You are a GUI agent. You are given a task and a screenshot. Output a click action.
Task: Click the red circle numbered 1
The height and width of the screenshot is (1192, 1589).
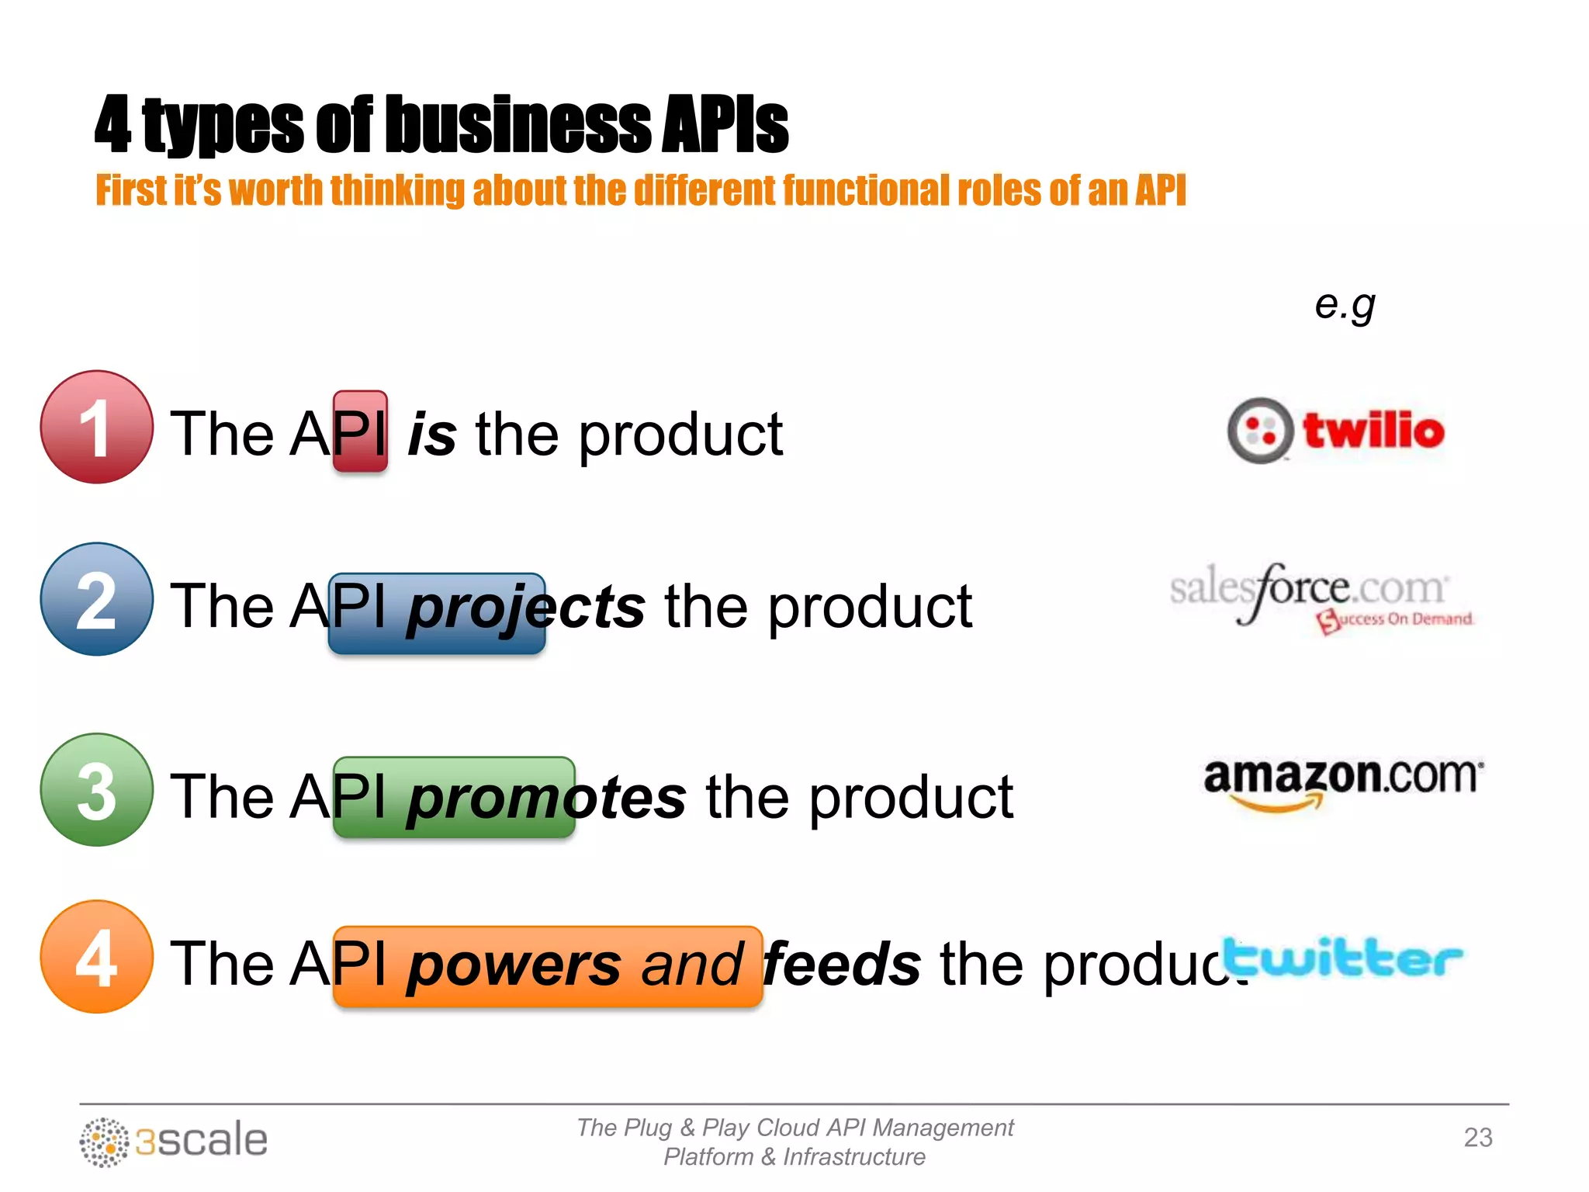(x=96, y=428)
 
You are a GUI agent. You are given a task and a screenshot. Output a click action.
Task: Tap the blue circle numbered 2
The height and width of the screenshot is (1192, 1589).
(x=96, y=599)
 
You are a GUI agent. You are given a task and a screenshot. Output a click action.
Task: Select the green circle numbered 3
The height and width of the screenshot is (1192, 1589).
(x=96, y=790)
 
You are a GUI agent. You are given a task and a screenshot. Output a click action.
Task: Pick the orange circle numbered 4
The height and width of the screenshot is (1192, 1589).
(x=96, y=957)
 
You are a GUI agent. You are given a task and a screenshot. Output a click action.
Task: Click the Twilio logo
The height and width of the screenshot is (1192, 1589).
(x=1336, y=431)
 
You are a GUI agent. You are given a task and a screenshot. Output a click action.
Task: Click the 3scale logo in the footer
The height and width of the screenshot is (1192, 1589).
(x=174, y=1142)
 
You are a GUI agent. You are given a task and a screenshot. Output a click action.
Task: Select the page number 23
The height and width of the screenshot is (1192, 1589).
(x=1477, y=1138)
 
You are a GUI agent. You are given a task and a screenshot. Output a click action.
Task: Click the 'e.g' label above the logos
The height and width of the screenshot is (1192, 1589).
(x=1345, y=304)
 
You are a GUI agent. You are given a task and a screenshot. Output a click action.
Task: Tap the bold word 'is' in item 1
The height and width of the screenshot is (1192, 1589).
(x=432, y=435)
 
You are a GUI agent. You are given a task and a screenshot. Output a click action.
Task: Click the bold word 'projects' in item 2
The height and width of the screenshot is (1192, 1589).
(x=526, y=608)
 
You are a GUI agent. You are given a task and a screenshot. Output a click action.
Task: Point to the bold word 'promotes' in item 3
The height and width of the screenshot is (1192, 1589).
(x=547, y=798)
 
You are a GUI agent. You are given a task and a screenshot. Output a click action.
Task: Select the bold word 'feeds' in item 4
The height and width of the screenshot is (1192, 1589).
(x=843, y=965)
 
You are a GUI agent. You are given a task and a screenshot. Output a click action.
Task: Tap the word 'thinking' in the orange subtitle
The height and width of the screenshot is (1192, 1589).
(x=398, y=191)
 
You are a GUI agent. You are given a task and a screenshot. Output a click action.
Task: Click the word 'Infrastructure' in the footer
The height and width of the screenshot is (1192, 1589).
(x=853, y=1157)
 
